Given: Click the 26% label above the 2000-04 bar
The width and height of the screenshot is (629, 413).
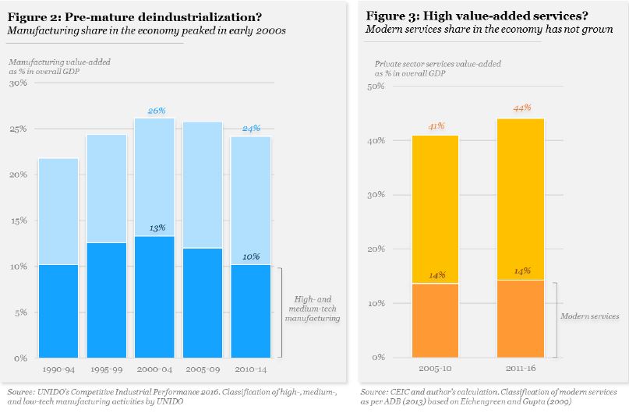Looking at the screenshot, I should coord(156,111).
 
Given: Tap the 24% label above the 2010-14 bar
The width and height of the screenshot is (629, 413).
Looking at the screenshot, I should coord(251,128).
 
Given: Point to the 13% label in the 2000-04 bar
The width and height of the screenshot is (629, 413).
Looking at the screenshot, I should coord(156,228).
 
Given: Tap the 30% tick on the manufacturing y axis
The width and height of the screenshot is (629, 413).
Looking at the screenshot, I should coord(18,83).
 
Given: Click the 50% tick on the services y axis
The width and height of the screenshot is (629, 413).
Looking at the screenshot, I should coord(376,86).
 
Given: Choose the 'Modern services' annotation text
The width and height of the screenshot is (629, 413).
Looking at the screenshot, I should coord(590,317).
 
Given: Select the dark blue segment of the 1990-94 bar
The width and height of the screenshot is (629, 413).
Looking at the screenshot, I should coord(58,312).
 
